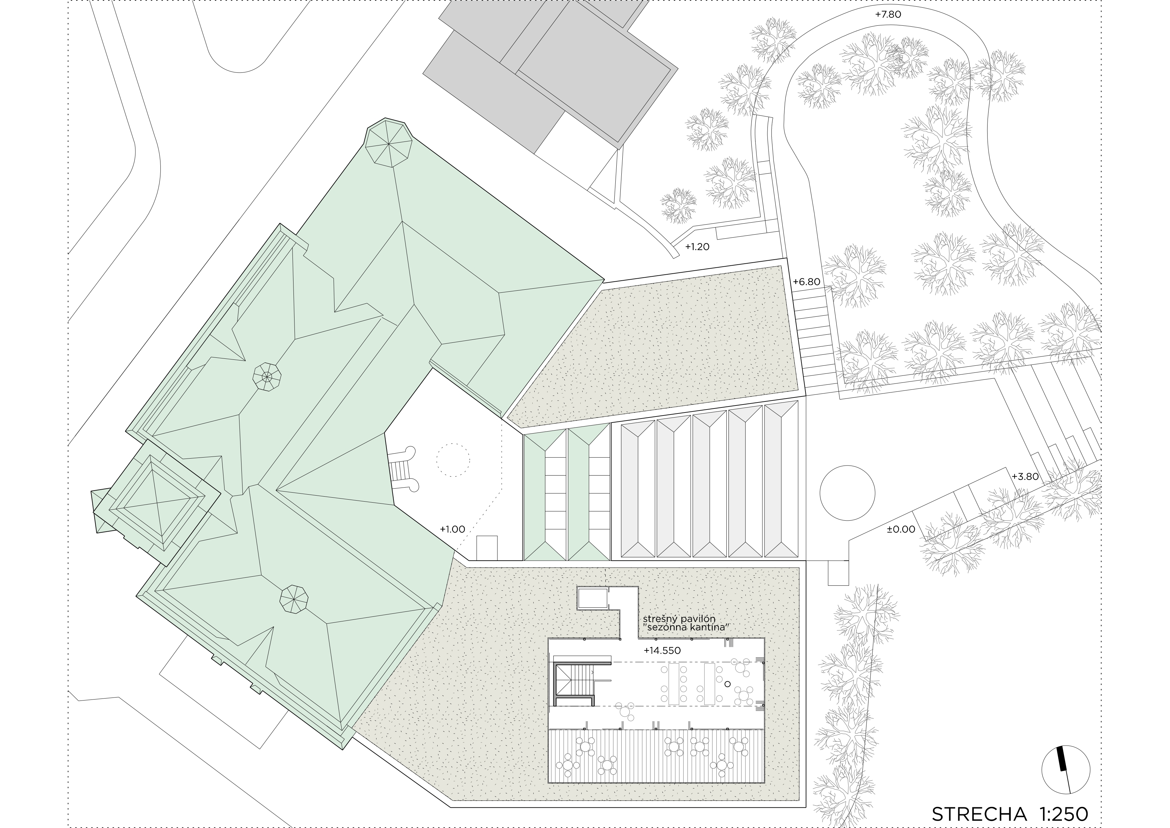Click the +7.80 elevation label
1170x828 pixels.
tap(888, 15)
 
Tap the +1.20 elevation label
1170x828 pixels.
tap(697, 247)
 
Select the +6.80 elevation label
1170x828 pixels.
tap(806, 281)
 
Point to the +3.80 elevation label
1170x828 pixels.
tap(1025, 477)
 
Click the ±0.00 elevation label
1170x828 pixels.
tap(901, 529)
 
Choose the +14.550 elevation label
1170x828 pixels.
tap(662, 650)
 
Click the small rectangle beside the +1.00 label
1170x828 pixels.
tap(487, 548)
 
